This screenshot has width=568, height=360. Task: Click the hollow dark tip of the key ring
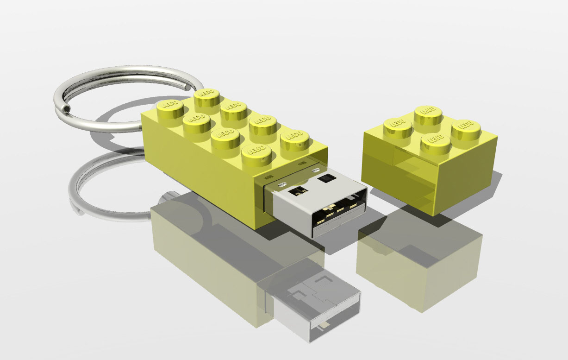(67, 109)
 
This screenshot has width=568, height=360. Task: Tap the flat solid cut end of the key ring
(187, 87)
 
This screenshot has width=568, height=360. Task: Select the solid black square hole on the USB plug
(327, 178)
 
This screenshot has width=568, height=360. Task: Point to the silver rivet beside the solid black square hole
(316, 169)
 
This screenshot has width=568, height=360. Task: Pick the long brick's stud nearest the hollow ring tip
(170, 113)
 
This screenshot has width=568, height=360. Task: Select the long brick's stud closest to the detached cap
(295, 143)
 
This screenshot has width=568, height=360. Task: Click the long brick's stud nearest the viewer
(256, 155)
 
